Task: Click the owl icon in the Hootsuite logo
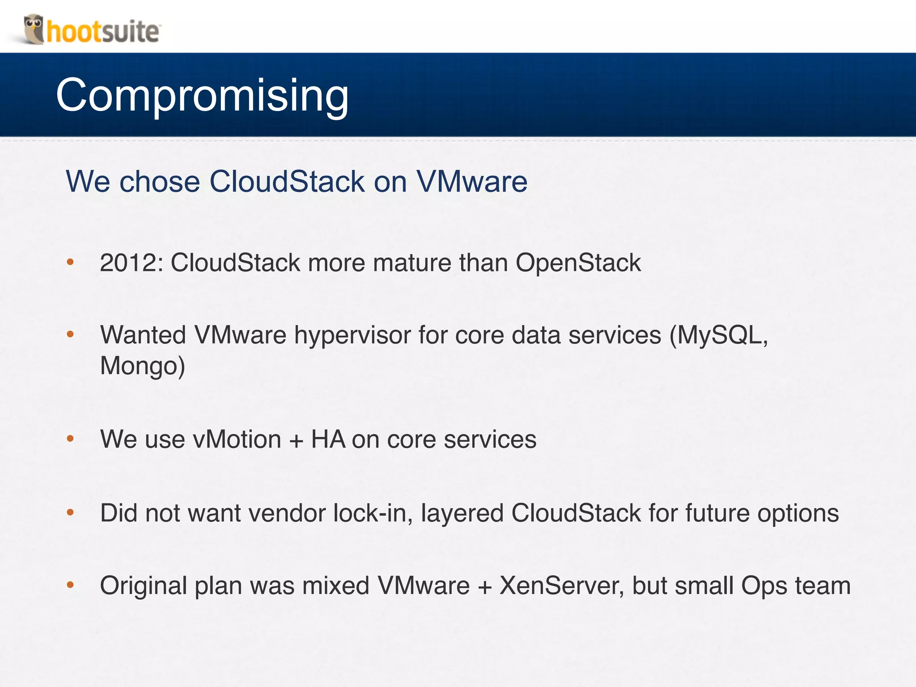click(34, 29)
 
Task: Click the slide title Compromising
click(202, 95)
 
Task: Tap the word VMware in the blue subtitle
click(472, 182)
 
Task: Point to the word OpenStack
click(578, 263)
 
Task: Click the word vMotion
click(237, 439)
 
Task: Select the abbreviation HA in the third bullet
click(328, 439)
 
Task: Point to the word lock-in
click(373, 513)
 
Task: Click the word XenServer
click(561, 585)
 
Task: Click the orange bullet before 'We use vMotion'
click(70, 439)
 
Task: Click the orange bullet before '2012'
click(70, 262)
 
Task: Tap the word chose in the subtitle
click(160, 182)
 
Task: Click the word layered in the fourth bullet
click(462, 513)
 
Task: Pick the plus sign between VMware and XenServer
click(485, 586)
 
